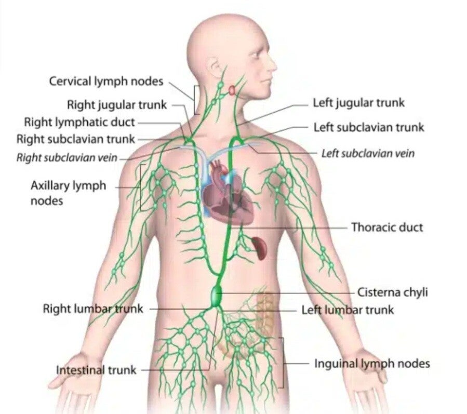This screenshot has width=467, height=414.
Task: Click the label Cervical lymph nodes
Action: point(106,82)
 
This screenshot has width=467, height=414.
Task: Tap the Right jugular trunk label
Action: point(117,104)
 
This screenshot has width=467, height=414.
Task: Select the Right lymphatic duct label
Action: point(79,122)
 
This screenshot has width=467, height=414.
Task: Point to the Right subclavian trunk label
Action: point(76,139)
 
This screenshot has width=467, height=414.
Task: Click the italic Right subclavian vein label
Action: point(67,157)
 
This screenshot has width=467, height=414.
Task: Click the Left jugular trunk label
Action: point(358,103)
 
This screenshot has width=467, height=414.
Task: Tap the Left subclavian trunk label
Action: point(369,127)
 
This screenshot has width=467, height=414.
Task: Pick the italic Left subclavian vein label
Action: point(368,154)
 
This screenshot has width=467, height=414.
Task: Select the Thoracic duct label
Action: point(387,227)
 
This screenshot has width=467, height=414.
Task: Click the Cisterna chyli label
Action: point(393,292)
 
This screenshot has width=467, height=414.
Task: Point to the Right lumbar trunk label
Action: point(92,309)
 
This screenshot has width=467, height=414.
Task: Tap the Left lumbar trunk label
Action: point(348,310)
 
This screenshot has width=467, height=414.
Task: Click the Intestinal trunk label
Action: point(96,370)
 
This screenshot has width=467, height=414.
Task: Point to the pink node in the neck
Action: point(231,90)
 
